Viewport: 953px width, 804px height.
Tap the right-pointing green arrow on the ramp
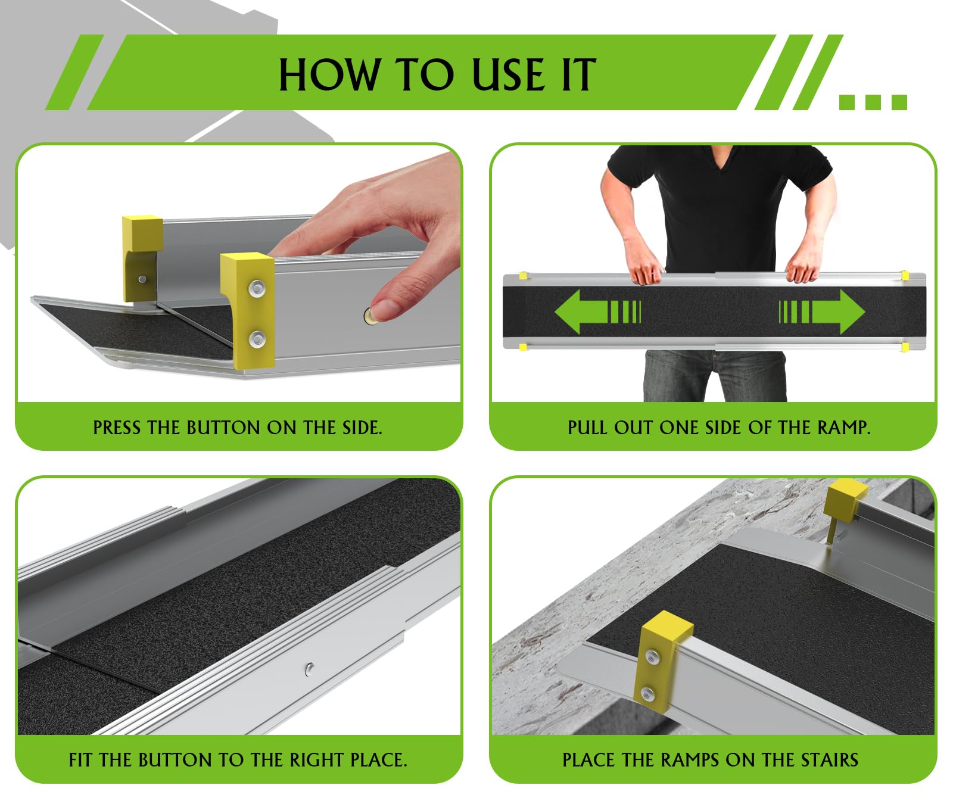click(x=831, y=311)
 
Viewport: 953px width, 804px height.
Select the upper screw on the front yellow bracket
click(x=257, y=289)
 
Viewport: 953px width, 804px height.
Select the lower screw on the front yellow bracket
click(x=257, y=339)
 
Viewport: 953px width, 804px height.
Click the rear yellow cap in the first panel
click(x=142, y=232)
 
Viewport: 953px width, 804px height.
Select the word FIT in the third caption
click(x=81, y=760)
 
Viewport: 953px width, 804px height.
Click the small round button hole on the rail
click(x=309, y=669)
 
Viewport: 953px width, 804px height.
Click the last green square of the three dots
click(x=899, y=102)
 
